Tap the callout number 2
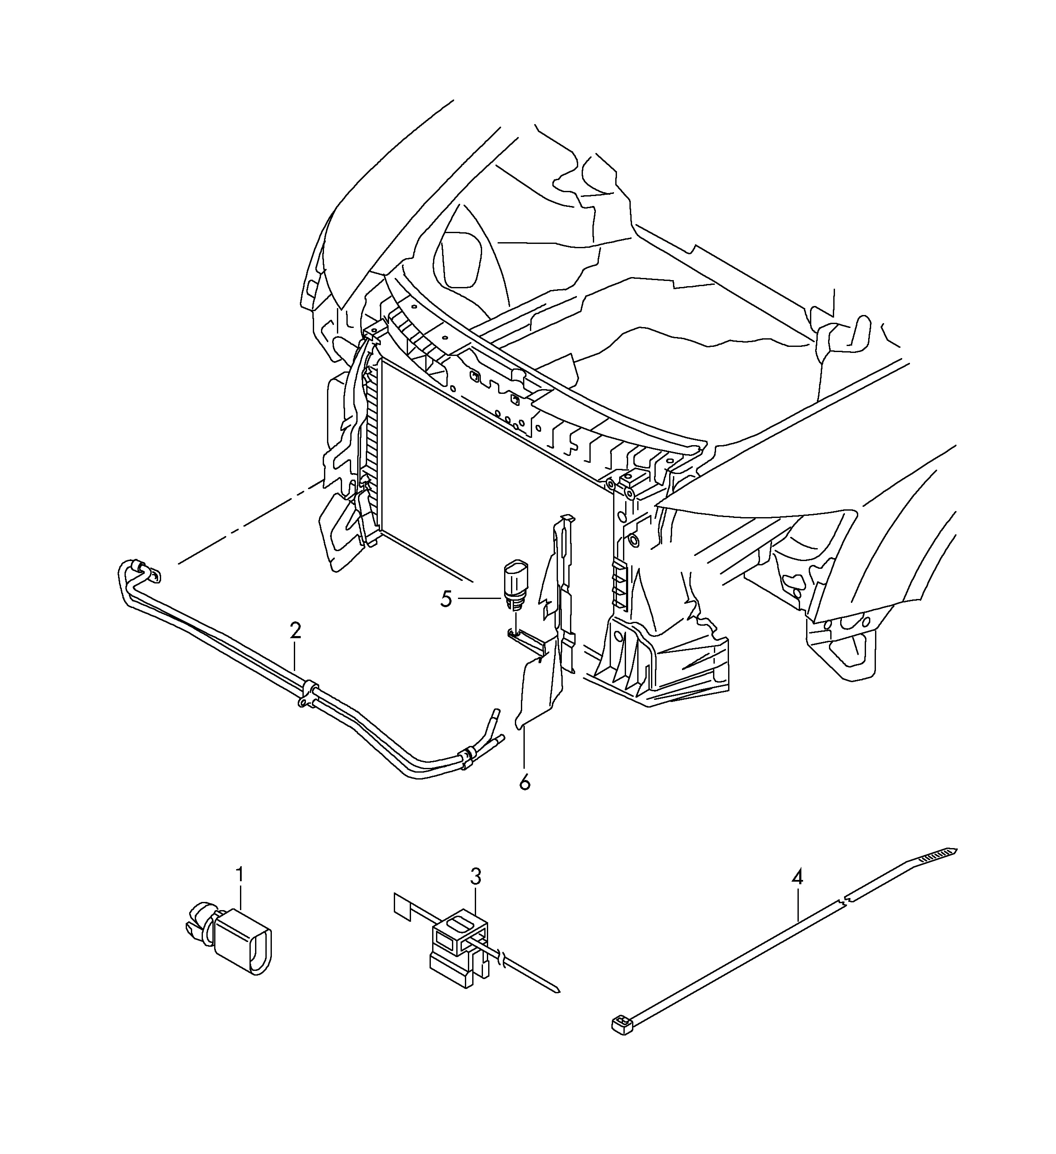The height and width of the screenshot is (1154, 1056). pyautogui.click(x=295, y=631)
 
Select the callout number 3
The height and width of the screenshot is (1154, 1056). pyautogui.click(x=476, y=892)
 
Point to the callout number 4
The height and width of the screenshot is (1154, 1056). pyautogui.click(x=797, y=893)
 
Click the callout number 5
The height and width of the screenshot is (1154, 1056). pyautogui.click(x=446, y=599)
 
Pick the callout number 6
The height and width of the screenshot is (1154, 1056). pyautogui.click(x=525, y=782)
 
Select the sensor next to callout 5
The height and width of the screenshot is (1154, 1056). pyautogui.click(x=516, y=587)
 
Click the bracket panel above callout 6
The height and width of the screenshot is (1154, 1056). pyautogui.click(x=547, y=624)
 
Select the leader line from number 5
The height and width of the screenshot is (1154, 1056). pyautogui.click(x=479, y=599)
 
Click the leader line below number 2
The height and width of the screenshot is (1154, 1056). pyautogui.click(x=295, y=657)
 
